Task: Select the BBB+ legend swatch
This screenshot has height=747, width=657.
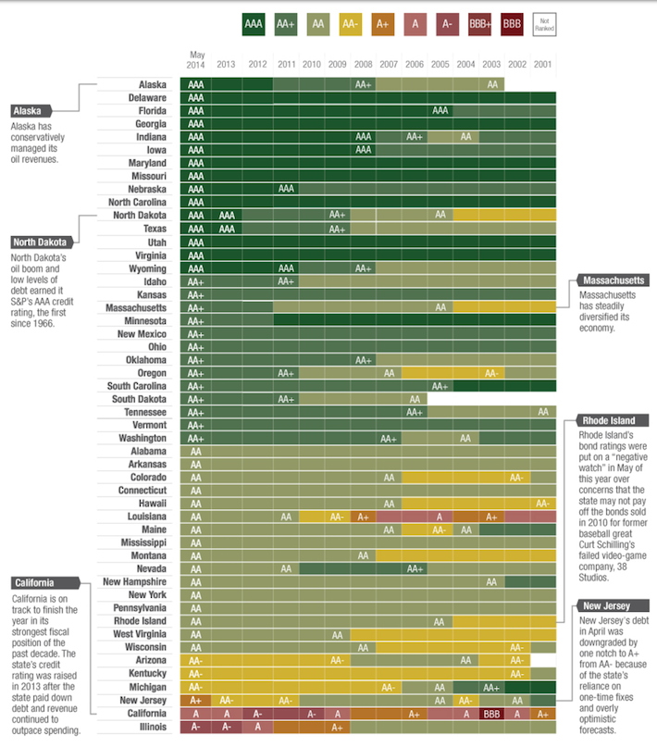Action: click(x=479, y=23)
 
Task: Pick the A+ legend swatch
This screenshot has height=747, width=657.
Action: click(x=382, y=23)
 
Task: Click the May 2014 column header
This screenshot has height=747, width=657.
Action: click(x=196, y=59)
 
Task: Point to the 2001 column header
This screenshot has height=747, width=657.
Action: click(x=543, y=64)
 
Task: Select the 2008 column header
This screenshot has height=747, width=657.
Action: click(x=364, y=64)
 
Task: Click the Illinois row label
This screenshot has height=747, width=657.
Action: click(x=152, y=727)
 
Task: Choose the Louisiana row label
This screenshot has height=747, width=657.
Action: click(x=147, y=516)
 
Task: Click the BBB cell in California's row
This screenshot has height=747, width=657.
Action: click(x=492, y=714)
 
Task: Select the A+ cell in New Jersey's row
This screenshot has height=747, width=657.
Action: click(x=196, y=701)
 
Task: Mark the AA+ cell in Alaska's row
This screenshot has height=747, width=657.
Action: click(x=364, y=84)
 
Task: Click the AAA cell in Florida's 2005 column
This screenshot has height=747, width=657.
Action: click(x=440, y=110)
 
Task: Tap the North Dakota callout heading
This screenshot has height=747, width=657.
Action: click(x=41, y=242)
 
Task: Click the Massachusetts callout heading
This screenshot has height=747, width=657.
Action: click(x=612, y=280)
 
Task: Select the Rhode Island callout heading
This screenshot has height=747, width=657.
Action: click(x=610, y=419)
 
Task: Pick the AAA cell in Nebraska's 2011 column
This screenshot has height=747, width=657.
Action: click(x=286, y=189)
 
